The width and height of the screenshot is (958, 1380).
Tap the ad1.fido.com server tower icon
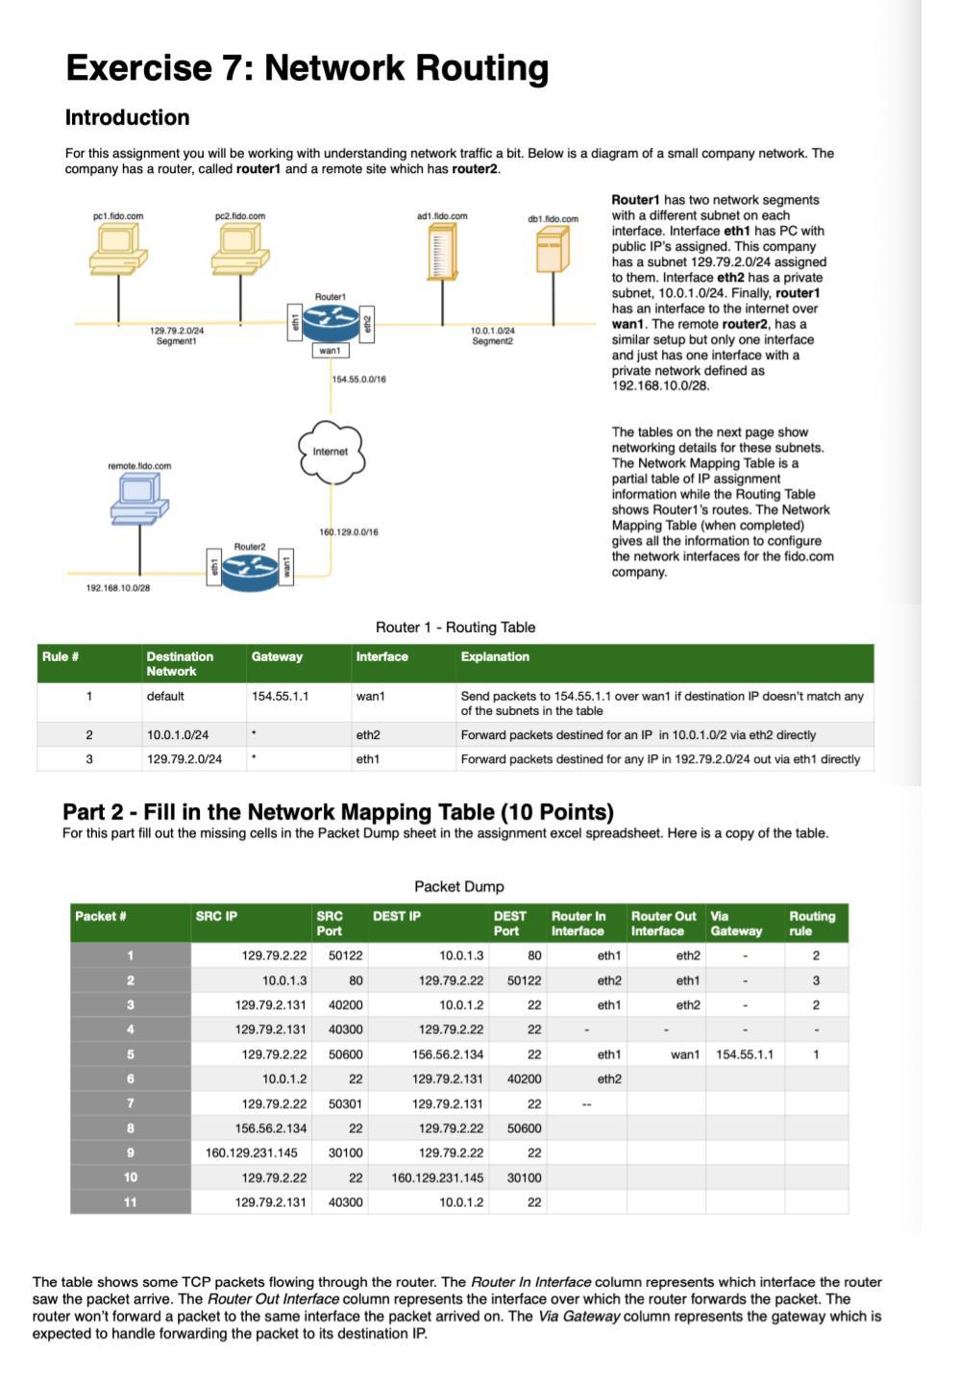[442, 256]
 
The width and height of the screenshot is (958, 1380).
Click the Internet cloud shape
[330, 451]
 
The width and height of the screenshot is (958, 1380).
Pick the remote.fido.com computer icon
[139, 500]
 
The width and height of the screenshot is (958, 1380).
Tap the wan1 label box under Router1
[330, 351]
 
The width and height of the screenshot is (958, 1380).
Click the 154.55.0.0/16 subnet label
[358, 380]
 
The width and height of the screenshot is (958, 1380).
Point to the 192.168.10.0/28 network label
[118, 588]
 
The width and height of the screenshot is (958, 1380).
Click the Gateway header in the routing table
[277, 657]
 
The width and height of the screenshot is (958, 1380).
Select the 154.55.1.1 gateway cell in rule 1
[280, 697]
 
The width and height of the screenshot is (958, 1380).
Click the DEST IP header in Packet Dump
[397, 917]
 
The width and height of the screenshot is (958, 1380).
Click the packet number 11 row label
[130, 1202]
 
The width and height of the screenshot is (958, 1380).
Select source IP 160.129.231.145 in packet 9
[252, 1153]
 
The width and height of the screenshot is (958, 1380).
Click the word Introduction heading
[127, 118]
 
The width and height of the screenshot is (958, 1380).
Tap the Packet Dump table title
[458, 887]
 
